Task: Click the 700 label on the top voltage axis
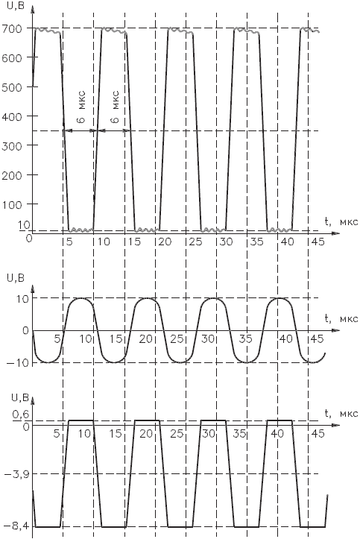pyautogui.click(x=12, y=28)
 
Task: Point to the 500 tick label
pyautogui.click(x=12, y=86)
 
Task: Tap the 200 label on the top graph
pyautogui.click(x=12, y=175)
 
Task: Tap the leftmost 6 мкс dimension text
pyautogui.click(x=82, y=107)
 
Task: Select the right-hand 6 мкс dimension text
pyautogui.click(x=116, y=107)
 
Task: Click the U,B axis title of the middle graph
pyautogui.click(x=16, y=278)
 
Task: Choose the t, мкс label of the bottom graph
pyautogui.click(x=341, y=414)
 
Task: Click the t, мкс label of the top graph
pyautogui.click(x=341, y=221)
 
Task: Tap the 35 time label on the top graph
pyautogui.click(x=256, y=242)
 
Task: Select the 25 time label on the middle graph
pyautogui.click(x=177, y=339)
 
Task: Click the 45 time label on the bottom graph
pyautogui.click(x=317, y=434)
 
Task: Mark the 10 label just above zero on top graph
pyautogui.click(x=24, y=225)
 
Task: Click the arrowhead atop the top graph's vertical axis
pyautogui.click(x=32, y=9)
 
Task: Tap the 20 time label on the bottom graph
pyautogui.click(x=146, y=434)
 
